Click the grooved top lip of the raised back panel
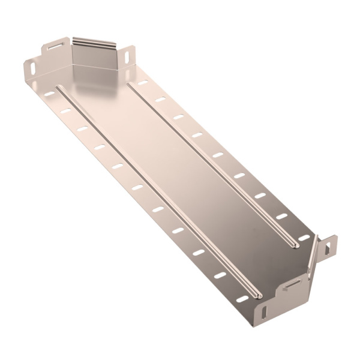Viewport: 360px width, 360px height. tap(94, 43)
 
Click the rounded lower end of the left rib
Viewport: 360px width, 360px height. tap(257, 295)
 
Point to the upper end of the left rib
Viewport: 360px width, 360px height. tap(58, 89)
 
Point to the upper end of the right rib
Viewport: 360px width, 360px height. tap(129, 84)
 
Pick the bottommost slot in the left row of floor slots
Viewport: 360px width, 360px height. tap(242, 298)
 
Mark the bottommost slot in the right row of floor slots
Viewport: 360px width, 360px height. tap(304, 238)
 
